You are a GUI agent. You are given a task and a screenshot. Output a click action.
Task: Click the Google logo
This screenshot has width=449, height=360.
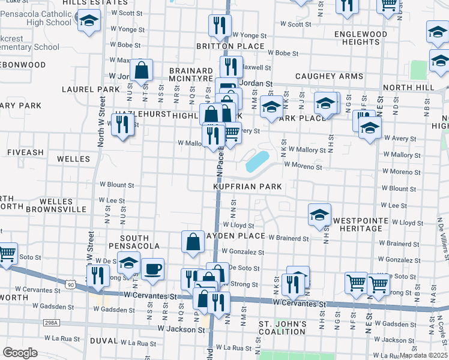tap(20, 353)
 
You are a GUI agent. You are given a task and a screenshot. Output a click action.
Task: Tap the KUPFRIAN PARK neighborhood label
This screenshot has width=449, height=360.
tap(248, 187)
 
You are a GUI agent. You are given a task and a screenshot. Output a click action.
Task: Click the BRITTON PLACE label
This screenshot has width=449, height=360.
tap(230, 46)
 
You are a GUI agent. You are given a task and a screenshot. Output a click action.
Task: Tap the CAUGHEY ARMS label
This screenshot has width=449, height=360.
tap(329, 77)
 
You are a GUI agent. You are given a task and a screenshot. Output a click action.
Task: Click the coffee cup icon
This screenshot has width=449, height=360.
tap(152, 268)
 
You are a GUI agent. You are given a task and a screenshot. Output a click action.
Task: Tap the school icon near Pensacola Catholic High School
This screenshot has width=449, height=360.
tap(89, 22)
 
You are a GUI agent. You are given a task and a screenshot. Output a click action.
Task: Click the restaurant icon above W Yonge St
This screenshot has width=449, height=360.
tap(220, 25)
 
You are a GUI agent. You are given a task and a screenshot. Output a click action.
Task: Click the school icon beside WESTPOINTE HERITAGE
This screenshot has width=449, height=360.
tap(319, 214)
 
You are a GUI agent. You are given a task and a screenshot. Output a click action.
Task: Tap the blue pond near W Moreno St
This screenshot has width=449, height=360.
tap(257, 161)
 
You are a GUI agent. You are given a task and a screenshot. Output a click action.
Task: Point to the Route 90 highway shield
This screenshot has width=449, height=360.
tap(71, 285)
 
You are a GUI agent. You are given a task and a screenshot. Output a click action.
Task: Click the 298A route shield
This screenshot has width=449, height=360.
tap(52, 323)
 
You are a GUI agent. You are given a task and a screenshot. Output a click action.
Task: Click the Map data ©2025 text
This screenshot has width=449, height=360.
tap(424, 355)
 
